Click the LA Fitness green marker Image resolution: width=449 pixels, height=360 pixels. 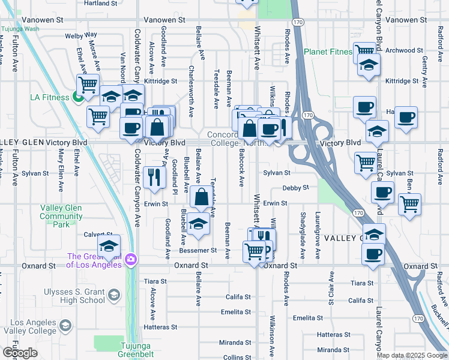tap(77, 97)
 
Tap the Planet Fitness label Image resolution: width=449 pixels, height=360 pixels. tap(328, 52)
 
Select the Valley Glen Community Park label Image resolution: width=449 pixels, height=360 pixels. tap(61, 216)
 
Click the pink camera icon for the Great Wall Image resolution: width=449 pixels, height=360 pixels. tap(131, 260)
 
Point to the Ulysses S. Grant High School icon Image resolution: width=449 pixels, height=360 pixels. tap(113, 295)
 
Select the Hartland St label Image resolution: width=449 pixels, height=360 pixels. tap(99, 3)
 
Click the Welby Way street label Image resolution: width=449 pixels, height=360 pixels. tap(81, 36)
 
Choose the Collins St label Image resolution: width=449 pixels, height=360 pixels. tap(233, 357)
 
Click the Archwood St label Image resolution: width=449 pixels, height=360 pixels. tap(400, 50)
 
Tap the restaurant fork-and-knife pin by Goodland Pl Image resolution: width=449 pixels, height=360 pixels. tap(154, 176)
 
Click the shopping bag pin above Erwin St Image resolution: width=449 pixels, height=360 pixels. tap(201, 197)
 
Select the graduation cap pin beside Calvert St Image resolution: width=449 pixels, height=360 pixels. tap(109, 245)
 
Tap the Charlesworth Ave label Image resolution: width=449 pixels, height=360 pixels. tap(191, 91)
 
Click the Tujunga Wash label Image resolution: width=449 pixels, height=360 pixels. tap(19, 28)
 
